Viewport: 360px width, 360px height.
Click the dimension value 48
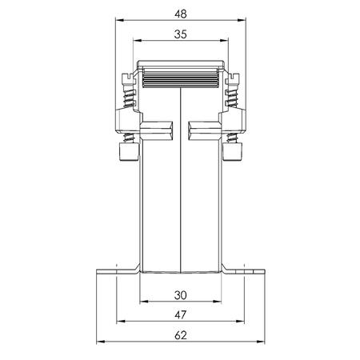(x=181, y=14)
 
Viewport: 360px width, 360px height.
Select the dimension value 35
(x=181, y=34)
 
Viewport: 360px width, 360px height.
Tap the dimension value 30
(x=181, y=295)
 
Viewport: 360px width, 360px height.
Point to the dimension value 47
(x=181, y=315)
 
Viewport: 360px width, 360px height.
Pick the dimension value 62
(x=181, y=335)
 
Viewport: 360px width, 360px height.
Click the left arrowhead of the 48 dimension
(x=119, y=20)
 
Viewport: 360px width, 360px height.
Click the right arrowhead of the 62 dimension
(x=261, y=342)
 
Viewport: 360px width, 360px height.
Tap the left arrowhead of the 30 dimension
(x=144, y=302)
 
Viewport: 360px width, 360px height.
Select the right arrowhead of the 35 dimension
(x=225, y=41)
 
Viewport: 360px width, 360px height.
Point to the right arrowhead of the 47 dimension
(x=240, y=322)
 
